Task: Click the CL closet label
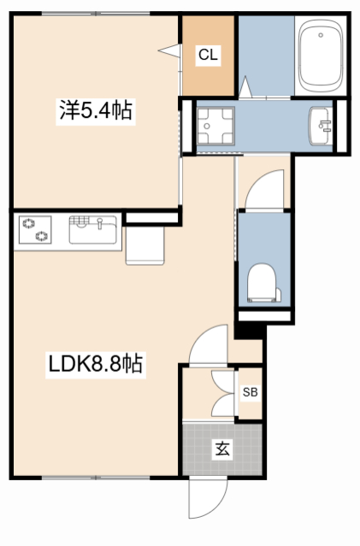point(208,55)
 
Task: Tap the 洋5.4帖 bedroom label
point(96,109)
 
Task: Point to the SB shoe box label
point(250,392)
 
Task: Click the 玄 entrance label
point(222,449)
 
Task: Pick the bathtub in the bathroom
point(321,56)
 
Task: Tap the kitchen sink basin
point(92,230)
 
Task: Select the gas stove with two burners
point(35,230)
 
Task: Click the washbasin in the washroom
point(320,126)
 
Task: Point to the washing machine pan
point(215,126)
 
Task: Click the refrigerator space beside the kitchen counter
point(145,245)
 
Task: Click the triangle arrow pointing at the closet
point(169,50)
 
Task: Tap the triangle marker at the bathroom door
point(245,87)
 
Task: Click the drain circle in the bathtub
point(321,35)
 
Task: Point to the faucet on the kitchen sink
point(100,223)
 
